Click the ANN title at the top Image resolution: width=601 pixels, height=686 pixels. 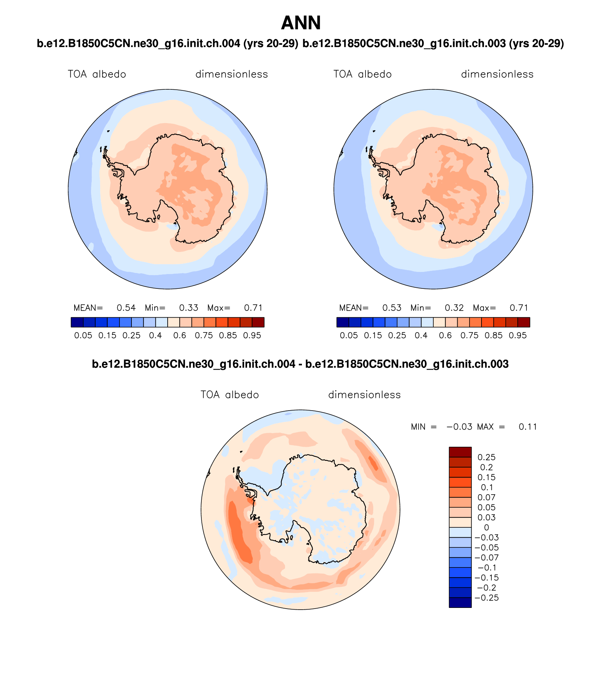(301, 23)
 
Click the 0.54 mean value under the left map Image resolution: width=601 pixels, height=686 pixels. (126, 308)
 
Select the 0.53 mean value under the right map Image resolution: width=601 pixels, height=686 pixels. (392, 308)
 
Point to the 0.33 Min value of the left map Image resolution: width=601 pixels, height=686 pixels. (189, 308)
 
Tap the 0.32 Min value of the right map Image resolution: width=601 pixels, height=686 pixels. (454, 308)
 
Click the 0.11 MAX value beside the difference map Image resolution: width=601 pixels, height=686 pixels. (528, 427)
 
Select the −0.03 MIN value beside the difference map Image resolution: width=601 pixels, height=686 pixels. (459, 427)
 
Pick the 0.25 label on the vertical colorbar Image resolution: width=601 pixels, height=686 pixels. (486, 457)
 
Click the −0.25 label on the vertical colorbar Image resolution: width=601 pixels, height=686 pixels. (487, 598)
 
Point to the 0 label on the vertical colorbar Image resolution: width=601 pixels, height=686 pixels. (487, 527)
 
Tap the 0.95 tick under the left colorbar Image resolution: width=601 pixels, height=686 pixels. (252, 335)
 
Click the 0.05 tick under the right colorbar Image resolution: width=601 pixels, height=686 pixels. (349, 335)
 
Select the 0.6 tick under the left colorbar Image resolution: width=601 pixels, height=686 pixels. (180, 335)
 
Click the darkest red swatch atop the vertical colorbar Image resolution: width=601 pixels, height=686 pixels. (460, 452)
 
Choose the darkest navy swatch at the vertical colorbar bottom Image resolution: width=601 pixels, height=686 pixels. (460, 603)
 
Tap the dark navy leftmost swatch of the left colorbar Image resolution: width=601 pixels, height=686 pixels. (77, 322)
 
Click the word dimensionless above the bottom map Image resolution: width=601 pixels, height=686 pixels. (364, 395)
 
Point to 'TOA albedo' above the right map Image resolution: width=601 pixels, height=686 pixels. (362, 74)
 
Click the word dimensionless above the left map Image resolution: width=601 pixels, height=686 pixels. (232, 74)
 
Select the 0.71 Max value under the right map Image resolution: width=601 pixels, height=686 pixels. (519, 308)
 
